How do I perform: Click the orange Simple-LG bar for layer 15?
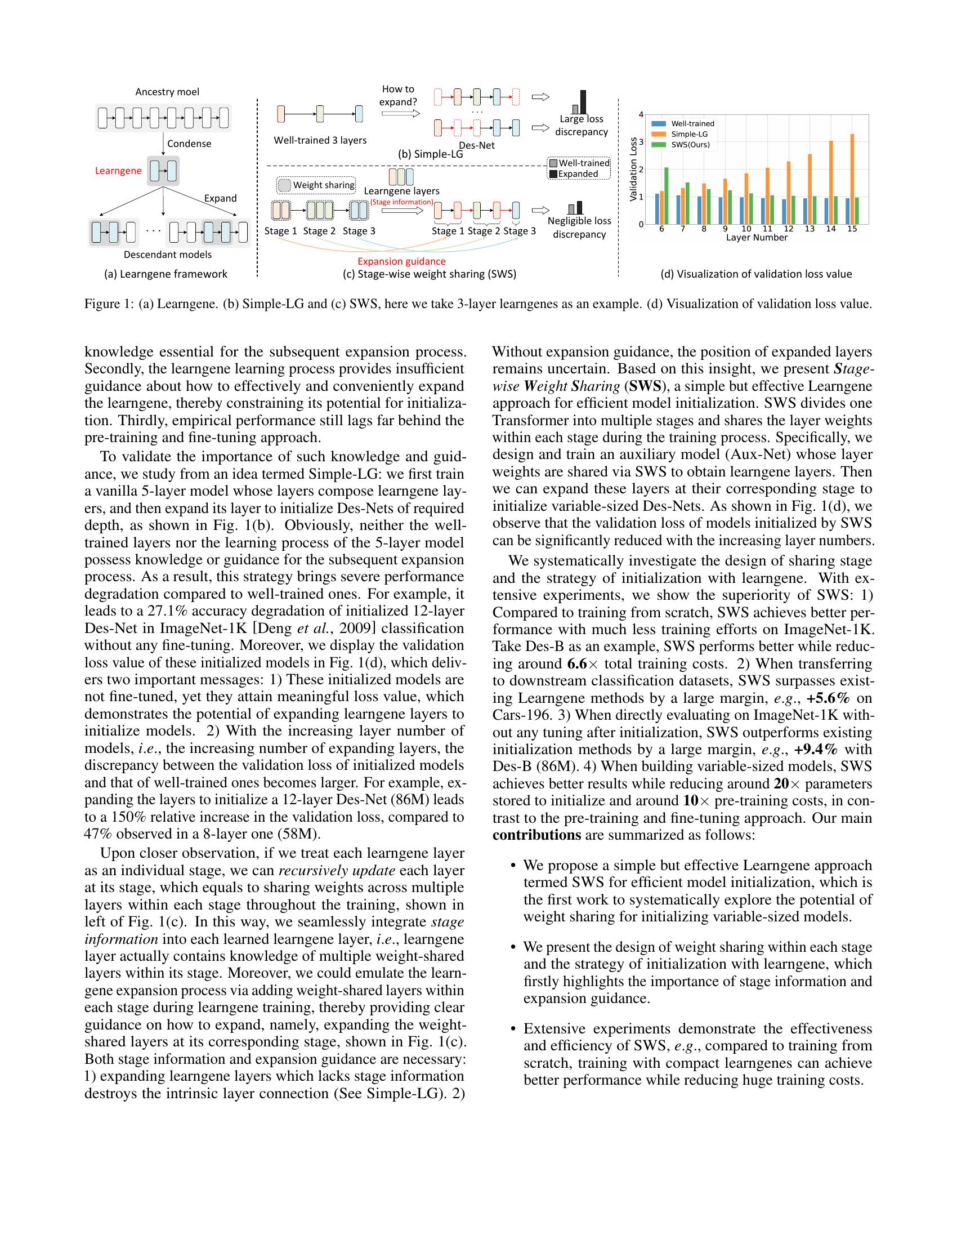tap(852, 179)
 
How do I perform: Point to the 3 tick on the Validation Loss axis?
tap(641, 142)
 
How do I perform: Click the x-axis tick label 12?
tap(789, 229)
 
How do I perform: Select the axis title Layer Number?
tap(756, 238)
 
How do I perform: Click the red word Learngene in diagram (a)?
tap(118, 171)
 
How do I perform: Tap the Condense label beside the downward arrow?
tap(189, 144)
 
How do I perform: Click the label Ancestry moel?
tap(167, 92)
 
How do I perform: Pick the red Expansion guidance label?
tap(401, 261)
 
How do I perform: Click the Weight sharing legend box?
tap(316, 185)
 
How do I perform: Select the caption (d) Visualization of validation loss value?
tap(756, 274)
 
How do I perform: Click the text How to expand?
tap(398, 95)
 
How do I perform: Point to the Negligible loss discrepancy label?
tap(579, 228)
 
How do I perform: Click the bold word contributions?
tap(536, 835)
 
